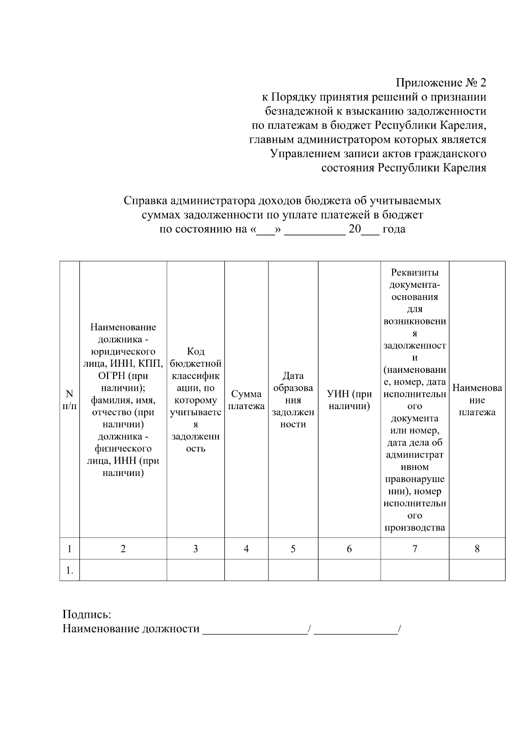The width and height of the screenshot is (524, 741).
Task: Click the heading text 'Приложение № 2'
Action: coord(441,83)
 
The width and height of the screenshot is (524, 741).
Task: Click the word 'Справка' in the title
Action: coord(145,200)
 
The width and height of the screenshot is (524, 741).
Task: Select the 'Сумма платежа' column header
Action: coord(246,400)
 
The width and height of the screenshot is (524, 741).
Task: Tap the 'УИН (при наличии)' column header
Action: coord(349,400)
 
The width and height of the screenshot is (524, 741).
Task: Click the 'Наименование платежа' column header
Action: coord(477,400)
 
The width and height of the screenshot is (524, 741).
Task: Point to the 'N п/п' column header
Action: coord(69,400)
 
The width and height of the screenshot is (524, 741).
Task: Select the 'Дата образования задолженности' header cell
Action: coord(293,400)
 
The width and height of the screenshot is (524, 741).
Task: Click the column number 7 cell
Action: coord(414,549)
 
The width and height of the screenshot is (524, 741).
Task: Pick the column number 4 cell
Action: coord(246,549)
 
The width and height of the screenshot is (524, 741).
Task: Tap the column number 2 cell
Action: coord(123,549)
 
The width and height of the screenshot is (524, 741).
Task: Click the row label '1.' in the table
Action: coord(69,570)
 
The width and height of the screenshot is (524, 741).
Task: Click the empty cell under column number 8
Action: coord(477,570)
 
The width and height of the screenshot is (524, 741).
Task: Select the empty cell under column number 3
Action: coord(196,570)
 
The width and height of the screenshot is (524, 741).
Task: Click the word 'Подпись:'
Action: coord(87,615)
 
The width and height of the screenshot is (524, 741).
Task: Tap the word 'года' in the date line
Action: coord(394,229)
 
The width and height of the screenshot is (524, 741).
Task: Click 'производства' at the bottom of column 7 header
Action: coord(414,528)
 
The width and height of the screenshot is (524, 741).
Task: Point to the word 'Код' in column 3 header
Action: coord(195,352)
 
